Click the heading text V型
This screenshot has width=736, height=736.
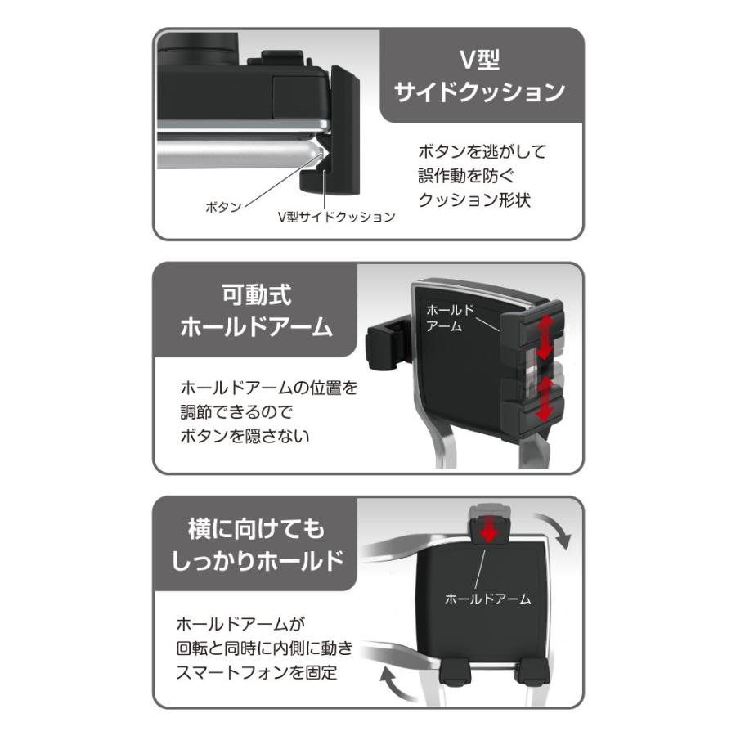[478, 60]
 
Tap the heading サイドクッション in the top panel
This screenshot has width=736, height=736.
[479, 92]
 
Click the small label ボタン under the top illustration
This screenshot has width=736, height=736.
[223, 207]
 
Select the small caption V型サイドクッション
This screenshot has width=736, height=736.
[337, 217]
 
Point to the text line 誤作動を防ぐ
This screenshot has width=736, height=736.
[465, 176]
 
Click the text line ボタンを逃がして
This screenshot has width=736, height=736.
[482, 151]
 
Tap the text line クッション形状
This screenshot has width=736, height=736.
[474, 200]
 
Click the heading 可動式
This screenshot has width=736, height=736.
[256, 294]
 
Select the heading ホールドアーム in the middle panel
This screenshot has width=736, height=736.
[256, 326]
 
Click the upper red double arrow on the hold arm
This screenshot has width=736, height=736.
[545, 337]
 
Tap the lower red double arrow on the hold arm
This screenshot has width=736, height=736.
[545, 399]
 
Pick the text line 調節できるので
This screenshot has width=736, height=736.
[236, 412]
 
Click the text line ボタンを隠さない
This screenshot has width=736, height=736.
[245, 436]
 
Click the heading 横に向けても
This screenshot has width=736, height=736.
[256, 529]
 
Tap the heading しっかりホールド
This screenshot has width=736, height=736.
[258, 561]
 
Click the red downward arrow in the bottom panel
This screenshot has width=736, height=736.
[489, 528]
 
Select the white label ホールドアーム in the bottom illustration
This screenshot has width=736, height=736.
[487, 599]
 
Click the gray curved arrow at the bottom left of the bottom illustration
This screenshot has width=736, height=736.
[398, 684]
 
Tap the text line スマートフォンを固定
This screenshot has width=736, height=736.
[257, 673]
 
